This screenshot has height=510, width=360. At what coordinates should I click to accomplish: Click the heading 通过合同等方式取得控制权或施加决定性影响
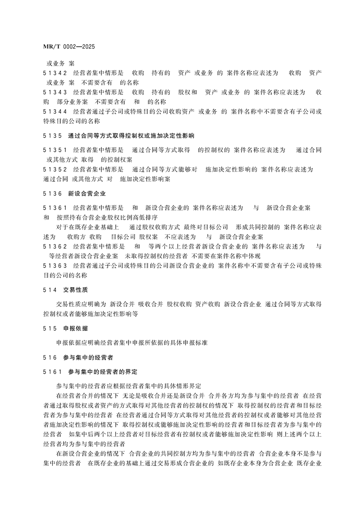(x=131, y=135)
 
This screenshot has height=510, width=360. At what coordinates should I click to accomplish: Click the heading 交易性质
(x=76, y=289)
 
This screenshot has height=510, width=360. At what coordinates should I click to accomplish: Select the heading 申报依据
(x=76, y=328)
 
